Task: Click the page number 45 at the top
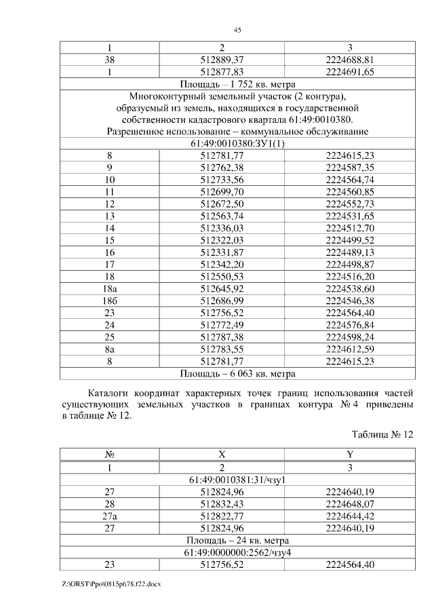[237, 30]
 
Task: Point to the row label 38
[109, 60]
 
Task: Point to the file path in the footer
[110, 583]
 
